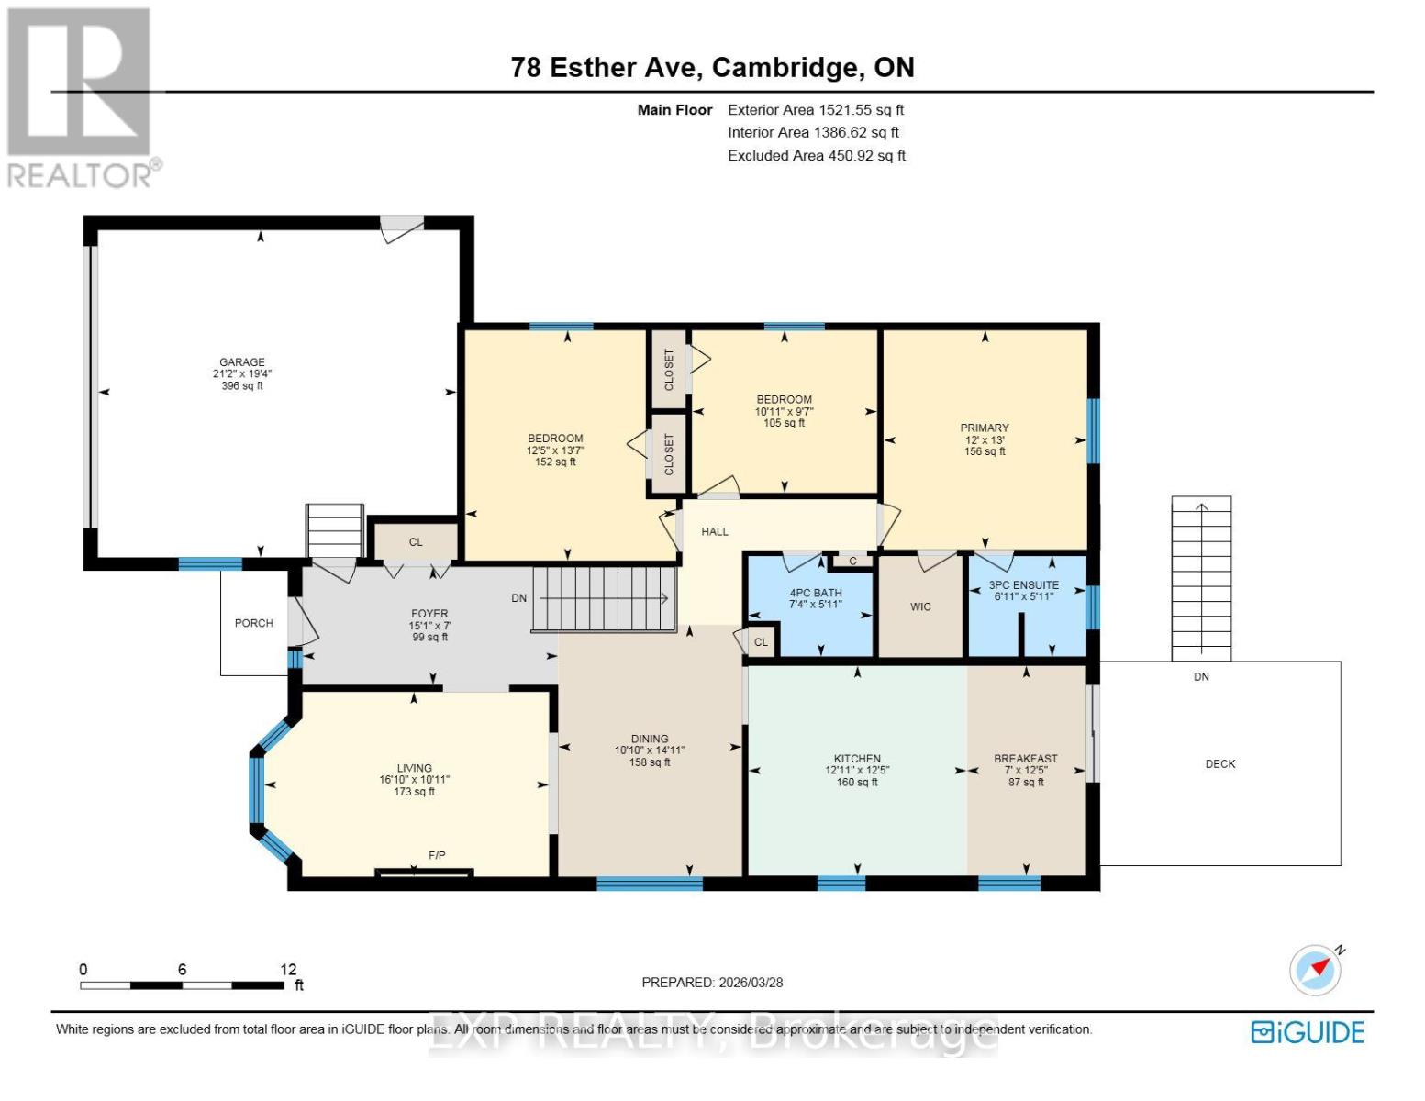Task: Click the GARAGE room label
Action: point(241,362)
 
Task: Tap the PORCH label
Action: point(254,623)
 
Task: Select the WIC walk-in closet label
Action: point(920,606)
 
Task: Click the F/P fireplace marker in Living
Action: point(437,855)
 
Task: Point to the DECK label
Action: point(1219,763)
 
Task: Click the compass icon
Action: point(1316,970)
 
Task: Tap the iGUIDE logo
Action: point(1308,1032)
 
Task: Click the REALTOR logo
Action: point(81,97)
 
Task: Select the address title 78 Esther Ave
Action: point(712,67)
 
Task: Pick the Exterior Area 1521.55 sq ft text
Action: point(816,109)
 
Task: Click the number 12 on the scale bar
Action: point(288,969)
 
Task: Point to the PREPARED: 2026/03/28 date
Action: point(712,982)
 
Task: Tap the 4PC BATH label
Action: point(815,593)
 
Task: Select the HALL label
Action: point(714,531)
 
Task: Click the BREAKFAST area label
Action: point(1026,759)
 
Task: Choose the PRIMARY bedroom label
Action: point(985,428)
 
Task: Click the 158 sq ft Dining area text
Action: point(650,762)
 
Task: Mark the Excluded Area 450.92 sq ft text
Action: point(816,156)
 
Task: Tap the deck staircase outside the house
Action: point(1201,578)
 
